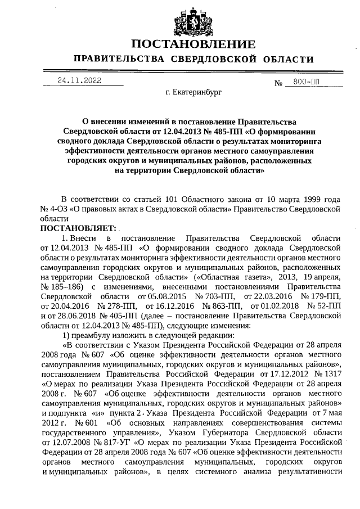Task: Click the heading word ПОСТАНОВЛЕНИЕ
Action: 193,44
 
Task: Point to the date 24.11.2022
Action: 79,80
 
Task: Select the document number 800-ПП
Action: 306,82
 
